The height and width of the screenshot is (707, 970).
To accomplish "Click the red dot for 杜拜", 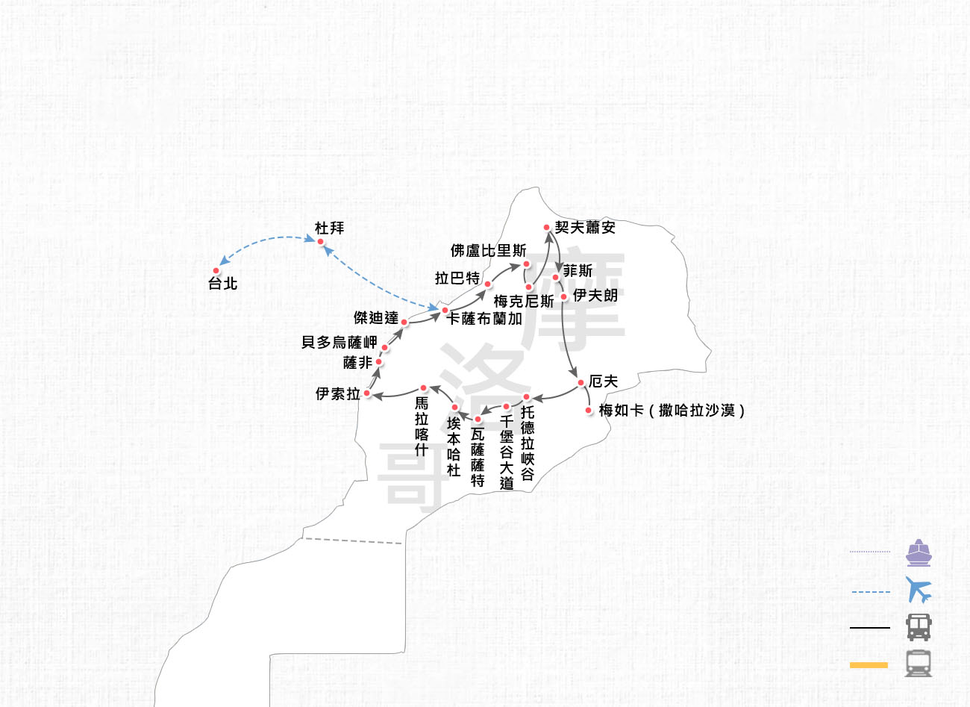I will pos(320,241).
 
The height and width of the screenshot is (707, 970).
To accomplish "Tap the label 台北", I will pos(222,284).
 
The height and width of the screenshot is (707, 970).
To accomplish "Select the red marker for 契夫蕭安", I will pos(547,227).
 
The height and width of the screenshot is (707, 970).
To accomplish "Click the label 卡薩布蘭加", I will pos(484,319).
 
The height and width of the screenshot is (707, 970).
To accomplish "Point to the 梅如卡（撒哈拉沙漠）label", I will pos(672,410).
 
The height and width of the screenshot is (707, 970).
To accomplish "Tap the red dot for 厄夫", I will pos(581,383).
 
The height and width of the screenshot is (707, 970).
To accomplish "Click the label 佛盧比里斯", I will pos(488,250).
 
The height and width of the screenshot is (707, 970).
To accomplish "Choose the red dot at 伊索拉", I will pos(367,393).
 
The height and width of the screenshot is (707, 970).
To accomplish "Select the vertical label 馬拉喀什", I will pos(422,426).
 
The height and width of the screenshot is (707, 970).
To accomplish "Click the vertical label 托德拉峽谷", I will pos(528,443).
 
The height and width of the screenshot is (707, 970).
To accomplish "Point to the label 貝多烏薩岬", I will pos(339,342).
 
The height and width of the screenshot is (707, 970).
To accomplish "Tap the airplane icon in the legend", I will pos(919,590).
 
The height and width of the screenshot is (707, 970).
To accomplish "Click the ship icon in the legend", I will pos(919,552).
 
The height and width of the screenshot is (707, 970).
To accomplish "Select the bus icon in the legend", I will pos(919,627).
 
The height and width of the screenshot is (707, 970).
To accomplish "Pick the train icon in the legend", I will pos(919,663).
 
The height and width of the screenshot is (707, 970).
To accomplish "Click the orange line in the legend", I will pos(869,664).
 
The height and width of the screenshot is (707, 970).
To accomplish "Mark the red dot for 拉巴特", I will pos(488,284).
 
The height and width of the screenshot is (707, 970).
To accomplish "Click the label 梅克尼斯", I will pos(524,302).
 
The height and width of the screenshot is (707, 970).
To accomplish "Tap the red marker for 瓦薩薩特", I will pos(478,420).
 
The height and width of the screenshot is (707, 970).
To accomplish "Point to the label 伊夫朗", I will pos(595,296).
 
